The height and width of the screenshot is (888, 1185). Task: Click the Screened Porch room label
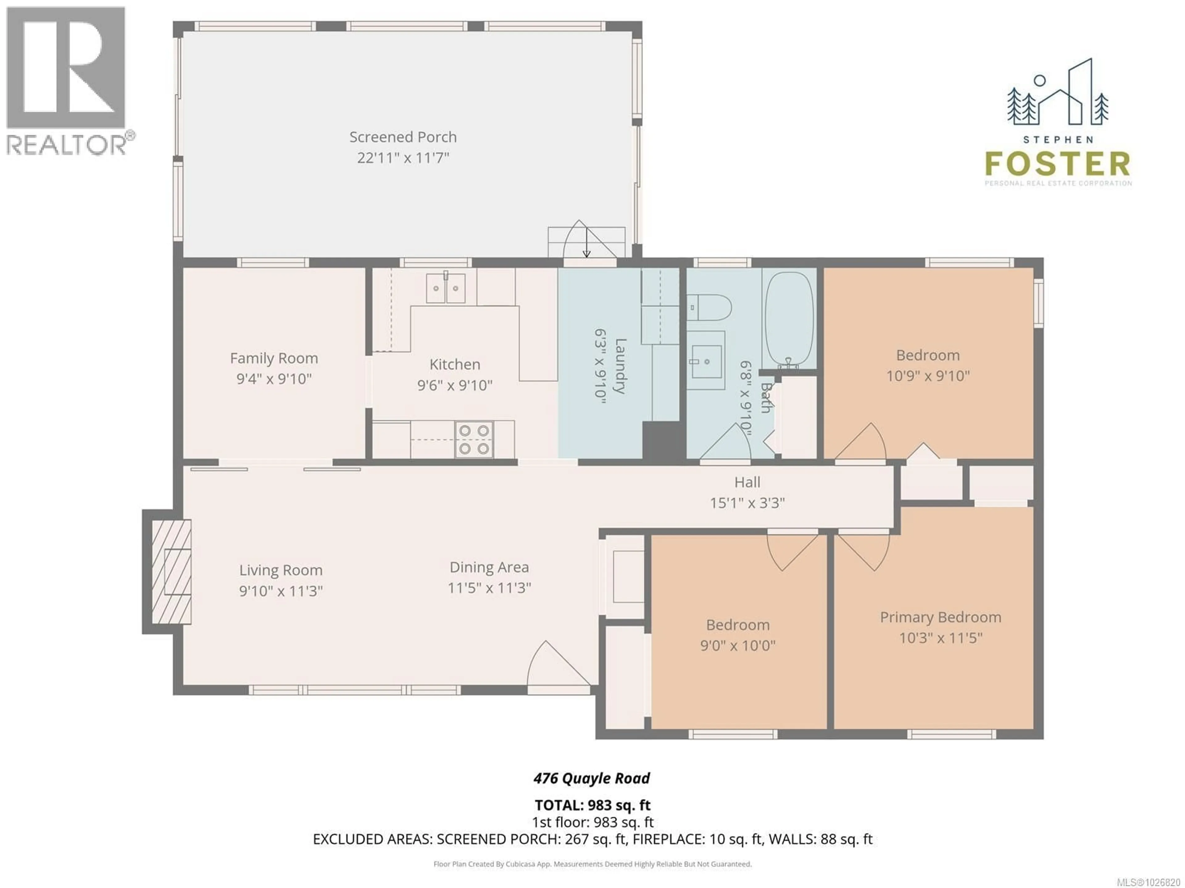click(403, 137)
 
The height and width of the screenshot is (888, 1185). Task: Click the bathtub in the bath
click(788, 319)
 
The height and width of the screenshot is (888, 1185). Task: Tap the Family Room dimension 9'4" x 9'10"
click(274, 379)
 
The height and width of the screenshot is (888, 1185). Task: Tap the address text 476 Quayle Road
click(592, 778)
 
